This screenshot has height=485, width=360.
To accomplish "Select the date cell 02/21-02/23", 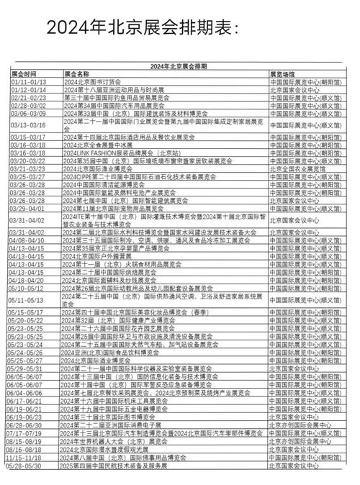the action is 28,97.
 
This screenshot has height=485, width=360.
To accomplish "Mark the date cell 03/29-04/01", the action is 28,208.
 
